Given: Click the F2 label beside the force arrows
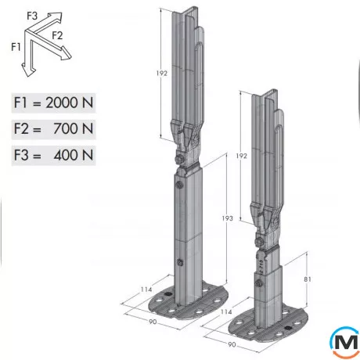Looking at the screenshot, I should tap(58, 35).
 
